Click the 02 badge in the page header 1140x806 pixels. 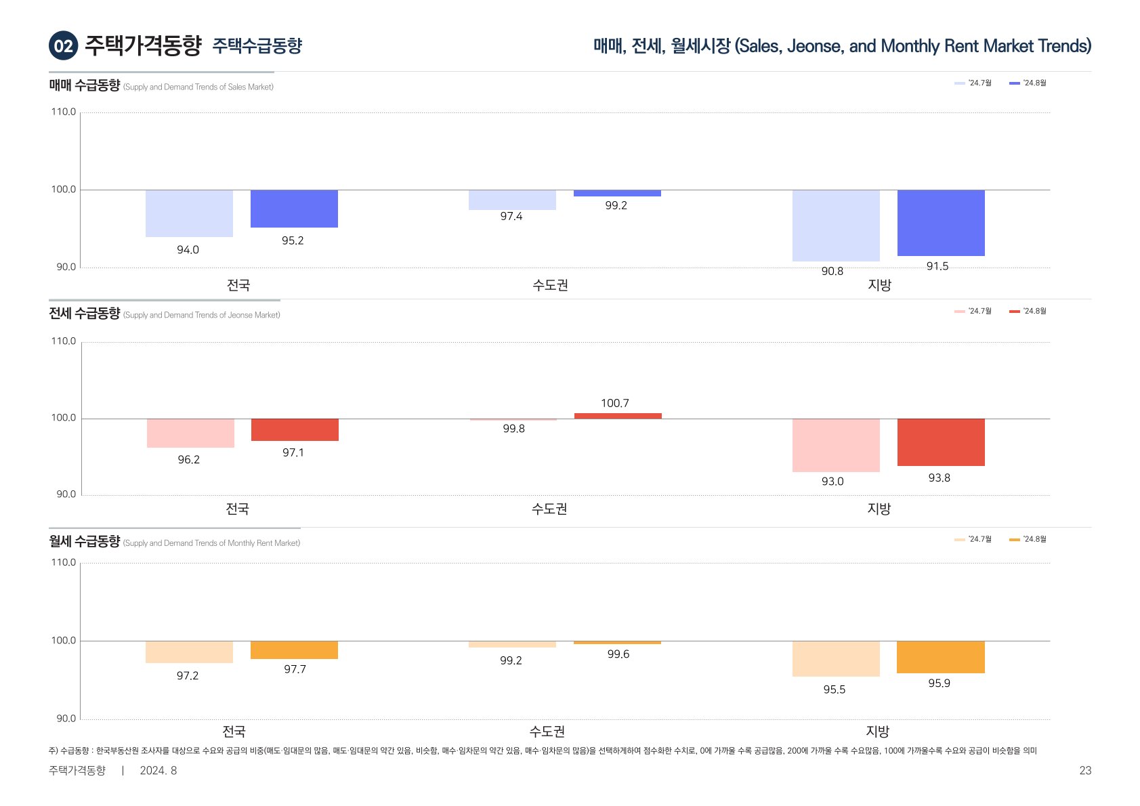63,46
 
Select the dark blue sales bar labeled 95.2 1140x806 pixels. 294,209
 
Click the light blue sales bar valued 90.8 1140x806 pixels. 836,226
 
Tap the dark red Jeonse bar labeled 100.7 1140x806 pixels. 618,416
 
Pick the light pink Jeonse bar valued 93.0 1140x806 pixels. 836,445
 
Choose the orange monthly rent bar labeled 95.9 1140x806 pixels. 940,657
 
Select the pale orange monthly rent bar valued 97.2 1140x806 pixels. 189,652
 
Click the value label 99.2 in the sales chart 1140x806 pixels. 616,206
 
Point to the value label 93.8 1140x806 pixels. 939,478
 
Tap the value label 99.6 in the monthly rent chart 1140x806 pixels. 618,654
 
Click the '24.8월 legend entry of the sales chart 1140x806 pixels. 1028,83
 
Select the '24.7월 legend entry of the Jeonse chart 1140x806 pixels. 973,312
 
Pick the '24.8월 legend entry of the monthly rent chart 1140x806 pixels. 1028,540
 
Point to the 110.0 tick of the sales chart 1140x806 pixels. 64,112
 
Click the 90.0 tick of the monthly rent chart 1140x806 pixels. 66,719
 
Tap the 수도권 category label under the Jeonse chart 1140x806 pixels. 549,509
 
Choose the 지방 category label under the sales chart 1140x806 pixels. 879,286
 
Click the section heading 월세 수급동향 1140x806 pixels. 84,542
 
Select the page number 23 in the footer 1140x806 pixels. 1085,771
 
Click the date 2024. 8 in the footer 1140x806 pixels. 158,771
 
